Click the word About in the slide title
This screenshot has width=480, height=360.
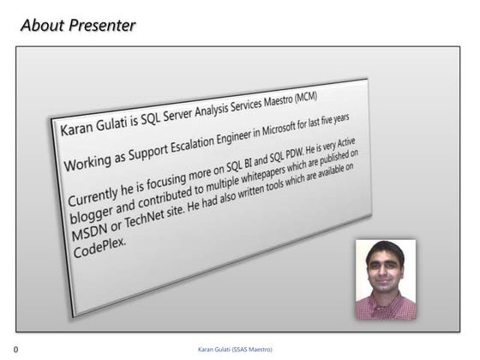(x=41, y=25)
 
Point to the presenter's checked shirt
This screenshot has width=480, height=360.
(x=385, y=308)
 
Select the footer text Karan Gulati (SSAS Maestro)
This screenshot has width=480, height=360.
(x=241, y=349)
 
